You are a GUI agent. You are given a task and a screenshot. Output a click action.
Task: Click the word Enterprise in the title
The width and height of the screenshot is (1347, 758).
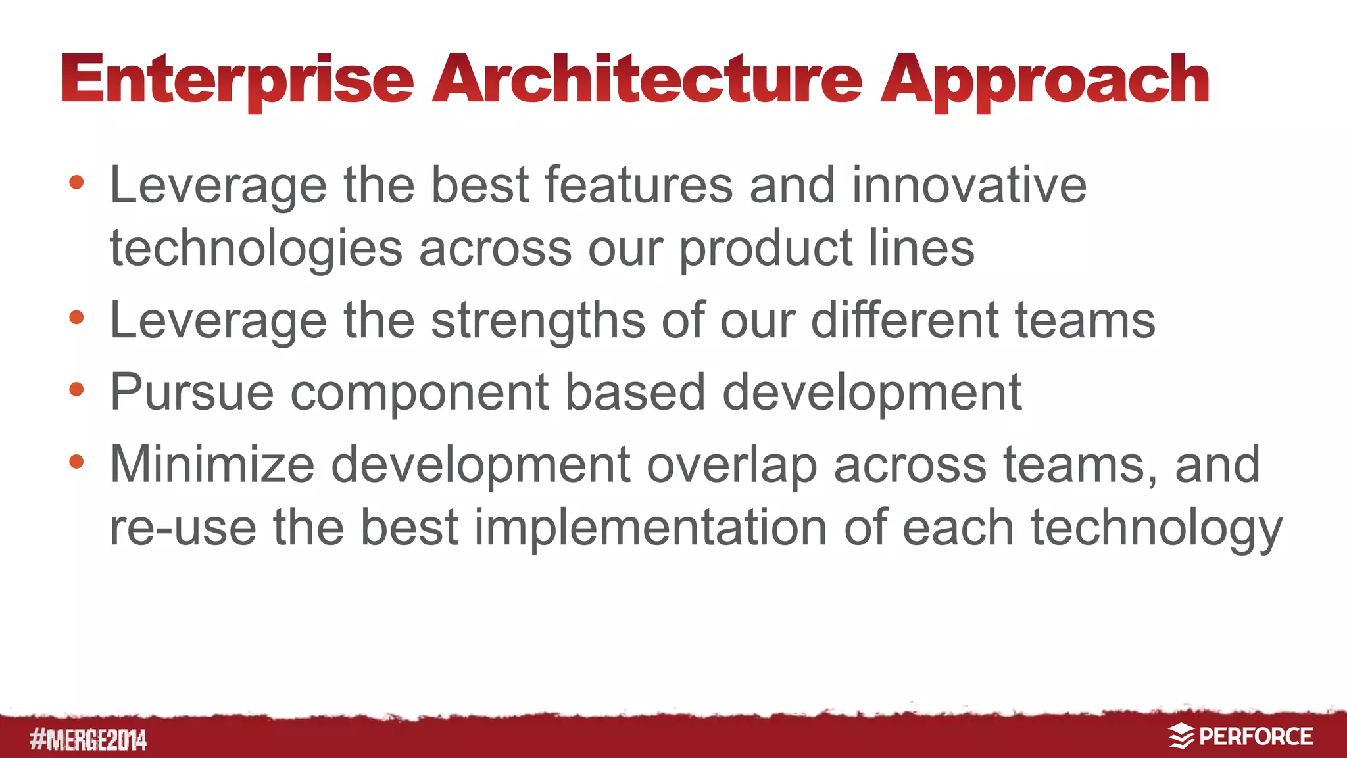[x=238, y=80]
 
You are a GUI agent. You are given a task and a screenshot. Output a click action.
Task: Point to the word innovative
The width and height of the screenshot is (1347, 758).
[x=969, y=185]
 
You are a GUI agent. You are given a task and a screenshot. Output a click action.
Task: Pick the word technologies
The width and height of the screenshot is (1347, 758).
[x=256, y=249]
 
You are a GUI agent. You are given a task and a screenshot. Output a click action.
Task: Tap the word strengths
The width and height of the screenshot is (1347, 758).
[x=537, y=320]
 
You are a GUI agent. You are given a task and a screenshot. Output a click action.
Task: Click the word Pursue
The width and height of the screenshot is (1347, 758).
[x=191, y=392]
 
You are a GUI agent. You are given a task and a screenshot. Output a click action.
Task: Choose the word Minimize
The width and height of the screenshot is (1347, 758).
[x=212, y=465]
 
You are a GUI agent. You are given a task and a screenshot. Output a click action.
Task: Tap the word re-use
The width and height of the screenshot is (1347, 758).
[x=183, y=527]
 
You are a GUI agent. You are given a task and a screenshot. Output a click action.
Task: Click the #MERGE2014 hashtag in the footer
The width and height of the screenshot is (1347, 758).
[x=88, y=740]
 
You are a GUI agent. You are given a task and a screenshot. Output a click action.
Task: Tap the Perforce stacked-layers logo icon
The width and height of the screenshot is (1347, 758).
[x=1181, y=736]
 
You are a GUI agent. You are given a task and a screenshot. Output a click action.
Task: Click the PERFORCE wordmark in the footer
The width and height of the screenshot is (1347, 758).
[x=1256, y=736]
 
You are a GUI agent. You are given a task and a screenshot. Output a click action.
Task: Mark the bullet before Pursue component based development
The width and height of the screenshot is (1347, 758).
[x=76, y=389]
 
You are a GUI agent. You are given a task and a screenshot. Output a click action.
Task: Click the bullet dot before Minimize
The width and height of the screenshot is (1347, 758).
[x=76, y=462]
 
